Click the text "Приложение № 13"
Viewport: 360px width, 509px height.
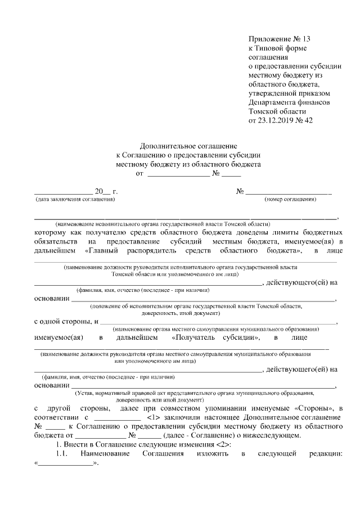point(279,39)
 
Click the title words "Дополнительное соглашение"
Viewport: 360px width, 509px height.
point(188,146)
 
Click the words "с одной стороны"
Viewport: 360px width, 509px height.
point(62,321)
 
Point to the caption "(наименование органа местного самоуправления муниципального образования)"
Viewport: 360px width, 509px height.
point(216,328)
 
